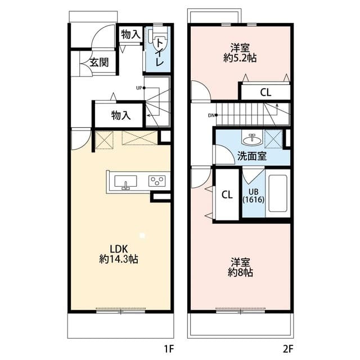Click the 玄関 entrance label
98,62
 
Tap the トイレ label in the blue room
160,52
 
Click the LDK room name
119,249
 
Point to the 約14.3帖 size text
119,259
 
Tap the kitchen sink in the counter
125,182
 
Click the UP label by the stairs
138,87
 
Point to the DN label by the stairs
211,116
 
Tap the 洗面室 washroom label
251,156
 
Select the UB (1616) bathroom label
254,195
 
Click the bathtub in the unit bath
278,195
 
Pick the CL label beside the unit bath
227,195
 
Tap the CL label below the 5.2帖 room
265,93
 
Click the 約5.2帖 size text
240,57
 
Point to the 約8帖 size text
240,273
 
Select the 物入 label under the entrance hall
121,116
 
